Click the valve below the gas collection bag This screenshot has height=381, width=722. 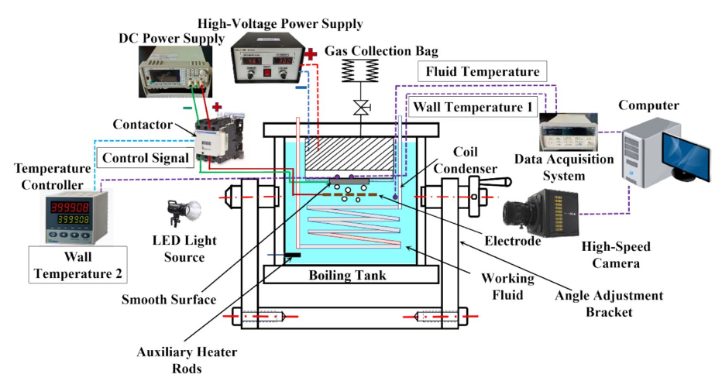359,108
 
